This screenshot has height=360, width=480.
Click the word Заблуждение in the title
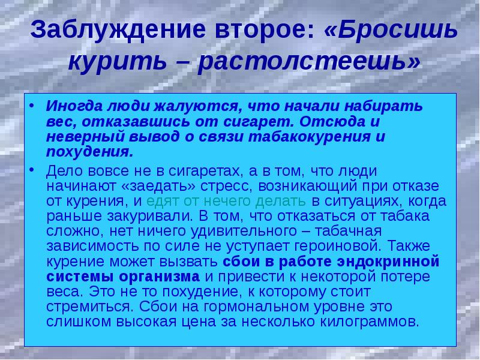tap(118, 29)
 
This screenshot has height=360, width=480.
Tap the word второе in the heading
tap(265, 29)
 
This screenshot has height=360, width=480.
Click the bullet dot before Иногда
tap(32, 106)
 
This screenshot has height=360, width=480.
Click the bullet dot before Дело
tap(32, 170)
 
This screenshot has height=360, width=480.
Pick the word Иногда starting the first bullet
tap(74, 106)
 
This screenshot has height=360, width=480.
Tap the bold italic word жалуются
tap(196, 106)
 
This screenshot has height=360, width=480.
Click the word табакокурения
tap(309, 137)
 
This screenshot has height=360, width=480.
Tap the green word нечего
tap(227, 202)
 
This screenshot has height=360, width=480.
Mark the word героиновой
tap(336, 247)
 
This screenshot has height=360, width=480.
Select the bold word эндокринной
tap(388, 262)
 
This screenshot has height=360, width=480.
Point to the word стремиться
tap(90, 307)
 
